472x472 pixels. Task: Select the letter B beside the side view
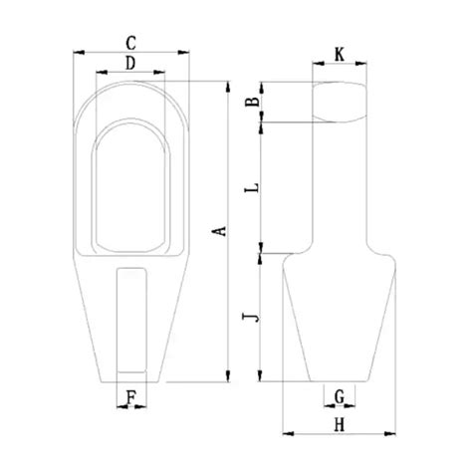coord(253,101)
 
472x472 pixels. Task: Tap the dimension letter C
coord(131,42)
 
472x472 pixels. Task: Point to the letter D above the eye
coord(130,63)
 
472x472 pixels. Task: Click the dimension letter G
coord(339,397)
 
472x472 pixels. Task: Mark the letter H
coord(339,425)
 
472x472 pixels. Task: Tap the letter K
coord(340,56)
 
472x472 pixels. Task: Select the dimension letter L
coord(253,186)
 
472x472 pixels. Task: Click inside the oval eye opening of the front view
coord(130,189)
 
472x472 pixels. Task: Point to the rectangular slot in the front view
coord(130,319)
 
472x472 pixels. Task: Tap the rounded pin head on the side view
coord(339,102)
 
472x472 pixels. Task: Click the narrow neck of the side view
coord(339,189)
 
